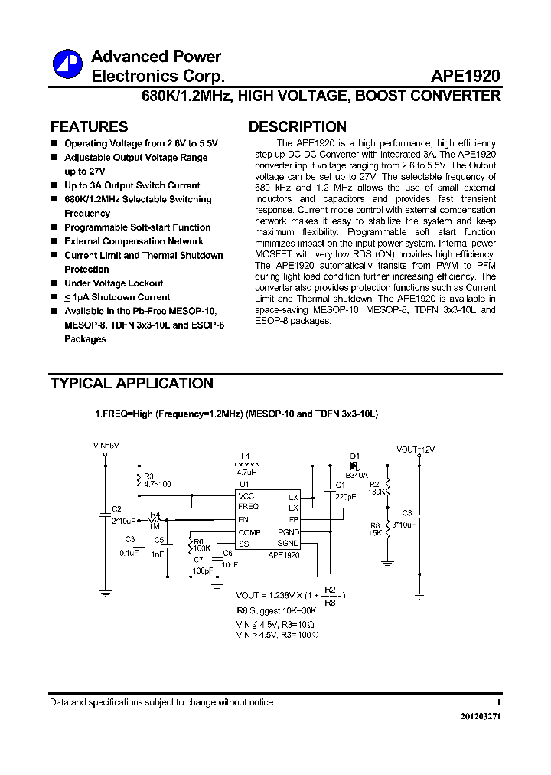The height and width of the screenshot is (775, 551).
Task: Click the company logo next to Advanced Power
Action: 67,64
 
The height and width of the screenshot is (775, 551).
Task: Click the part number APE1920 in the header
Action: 465,77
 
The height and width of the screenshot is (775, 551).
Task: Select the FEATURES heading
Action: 89,127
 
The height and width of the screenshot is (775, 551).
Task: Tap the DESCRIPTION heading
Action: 298,127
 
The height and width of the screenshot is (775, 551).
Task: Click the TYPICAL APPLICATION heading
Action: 132,383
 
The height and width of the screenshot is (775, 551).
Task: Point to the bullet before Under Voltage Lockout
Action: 54,283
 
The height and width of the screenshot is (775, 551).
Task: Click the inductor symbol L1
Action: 246,464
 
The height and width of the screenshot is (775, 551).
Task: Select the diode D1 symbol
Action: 354,465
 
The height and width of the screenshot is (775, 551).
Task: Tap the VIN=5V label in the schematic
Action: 106,445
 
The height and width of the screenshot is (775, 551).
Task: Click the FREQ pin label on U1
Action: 248,507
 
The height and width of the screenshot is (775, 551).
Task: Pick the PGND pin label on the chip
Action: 289,531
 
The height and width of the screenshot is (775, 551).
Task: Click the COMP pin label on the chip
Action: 249,532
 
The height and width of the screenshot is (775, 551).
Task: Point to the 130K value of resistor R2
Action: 377,492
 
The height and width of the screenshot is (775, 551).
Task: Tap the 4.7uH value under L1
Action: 246,474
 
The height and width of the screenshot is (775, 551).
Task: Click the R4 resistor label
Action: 155,514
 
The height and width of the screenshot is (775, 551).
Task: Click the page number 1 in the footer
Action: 498,702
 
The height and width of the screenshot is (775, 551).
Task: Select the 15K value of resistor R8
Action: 375,533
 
